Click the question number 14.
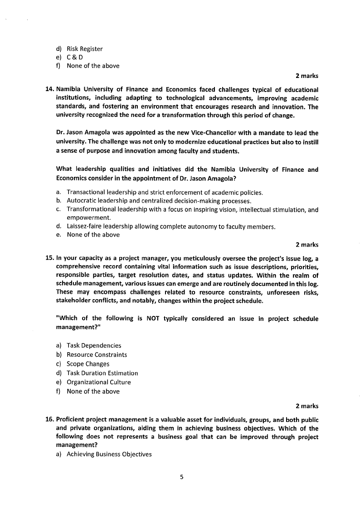click(50, 89)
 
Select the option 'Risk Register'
click(84, 49)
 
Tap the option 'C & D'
click(74, 58)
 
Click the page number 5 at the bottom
click(181, 476)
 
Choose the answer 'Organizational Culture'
click(98, 382)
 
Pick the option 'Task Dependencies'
click(94, 345)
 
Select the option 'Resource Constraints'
click(97, 354)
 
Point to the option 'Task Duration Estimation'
click(102, 373)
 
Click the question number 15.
click(50, 258)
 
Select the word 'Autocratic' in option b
click(82, 201)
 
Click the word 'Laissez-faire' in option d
click(85, 227)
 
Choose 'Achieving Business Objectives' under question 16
click(109, 454)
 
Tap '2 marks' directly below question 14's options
click(307, 245)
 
